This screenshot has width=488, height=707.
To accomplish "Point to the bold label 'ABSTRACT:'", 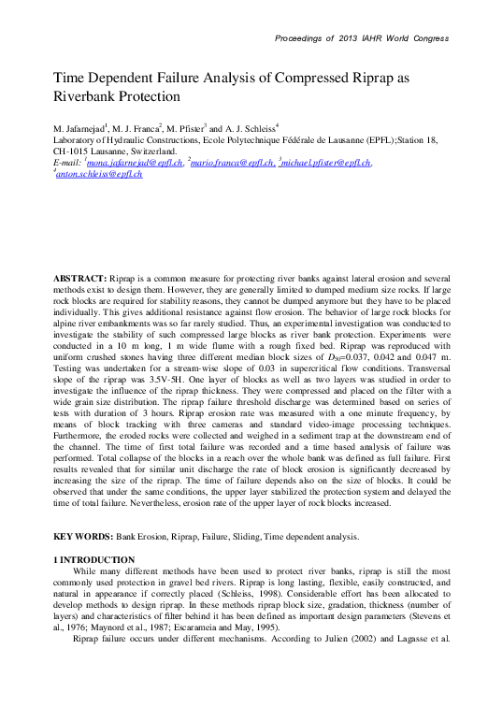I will tap(79, 280).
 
